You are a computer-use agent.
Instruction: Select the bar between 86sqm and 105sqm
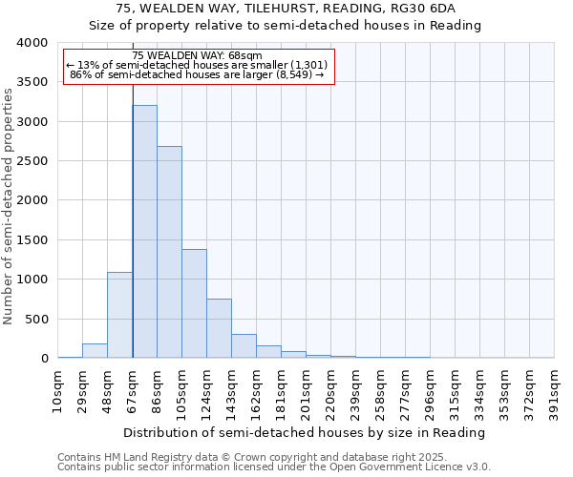coord(169,252)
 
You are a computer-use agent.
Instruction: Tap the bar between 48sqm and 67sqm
coord(119,315)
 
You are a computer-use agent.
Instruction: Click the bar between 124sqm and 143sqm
coord(219,328)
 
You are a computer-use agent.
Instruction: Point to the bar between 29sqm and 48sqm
coord(95,351)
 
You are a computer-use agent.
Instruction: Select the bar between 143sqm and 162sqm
coord(244,346)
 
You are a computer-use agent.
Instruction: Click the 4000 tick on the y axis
coord(32,43)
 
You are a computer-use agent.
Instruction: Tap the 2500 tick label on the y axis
coord(32,161)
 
